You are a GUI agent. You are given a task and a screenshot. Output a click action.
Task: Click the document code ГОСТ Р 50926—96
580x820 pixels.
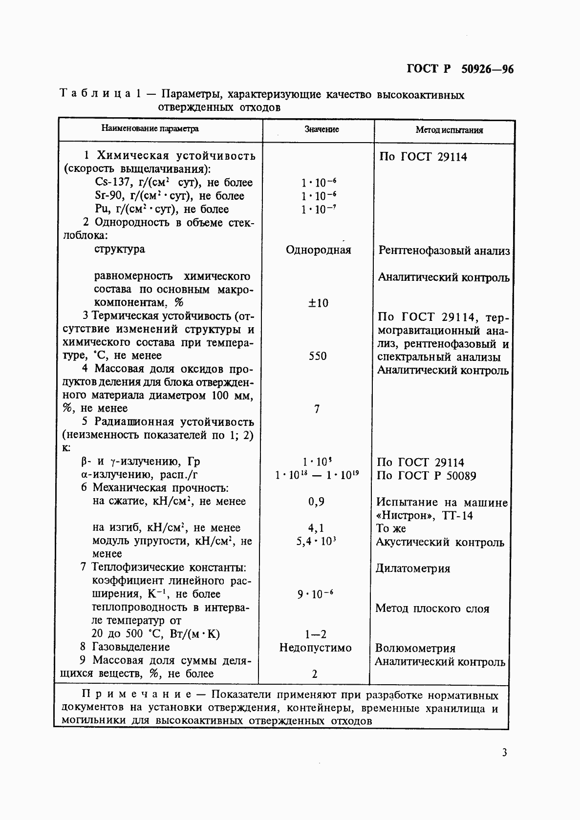[x=460, y=69]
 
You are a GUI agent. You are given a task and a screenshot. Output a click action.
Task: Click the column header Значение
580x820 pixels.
[x=322, y=129]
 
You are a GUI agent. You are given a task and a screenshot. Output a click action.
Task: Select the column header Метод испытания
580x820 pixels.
[x=449, y=130]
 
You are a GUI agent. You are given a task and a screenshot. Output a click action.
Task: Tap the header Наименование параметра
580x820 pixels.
[x=150, y=129]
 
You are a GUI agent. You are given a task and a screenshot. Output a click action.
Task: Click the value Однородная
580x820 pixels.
[x=318, y=250]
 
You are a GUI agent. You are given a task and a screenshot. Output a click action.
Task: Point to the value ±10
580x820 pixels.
[x=318, y=303]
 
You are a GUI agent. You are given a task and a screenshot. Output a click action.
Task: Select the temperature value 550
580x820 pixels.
[x=318, y=356]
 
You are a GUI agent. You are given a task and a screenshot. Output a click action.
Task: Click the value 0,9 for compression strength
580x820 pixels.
[x=316, y=502]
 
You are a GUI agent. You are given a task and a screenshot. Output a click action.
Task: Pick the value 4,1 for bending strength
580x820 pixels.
[x=316, y=528]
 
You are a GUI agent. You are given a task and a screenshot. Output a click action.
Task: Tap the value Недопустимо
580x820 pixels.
[x=316, y=648]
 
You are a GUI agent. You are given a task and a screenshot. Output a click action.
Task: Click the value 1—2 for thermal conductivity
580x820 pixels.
[x=316, y=634]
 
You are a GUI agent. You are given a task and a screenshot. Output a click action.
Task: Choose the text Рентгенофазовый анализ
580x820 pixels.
[x=444, y=251]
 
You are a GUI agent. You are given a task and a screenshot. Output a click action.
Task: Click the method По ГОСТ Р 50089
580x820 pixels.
[x=426, y=476]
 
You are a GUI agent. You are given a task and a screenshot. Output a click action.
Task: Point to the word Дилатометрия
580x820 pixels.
[x=413, y=568]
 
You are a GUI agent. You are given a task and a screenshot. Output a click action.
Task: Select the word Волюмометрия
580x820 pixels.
[x=415, y=648]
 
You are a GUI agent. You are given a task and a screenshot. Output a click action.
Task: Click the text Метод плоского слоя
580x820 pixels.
[x=432, y=609]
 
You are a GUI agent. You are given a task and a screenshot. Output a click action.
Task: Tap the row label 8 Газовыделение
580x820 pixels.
[x=125, y=647]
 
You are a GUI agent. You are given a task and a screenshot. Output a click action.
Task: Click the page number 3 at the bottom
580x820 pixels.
[x=504, y=752]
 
